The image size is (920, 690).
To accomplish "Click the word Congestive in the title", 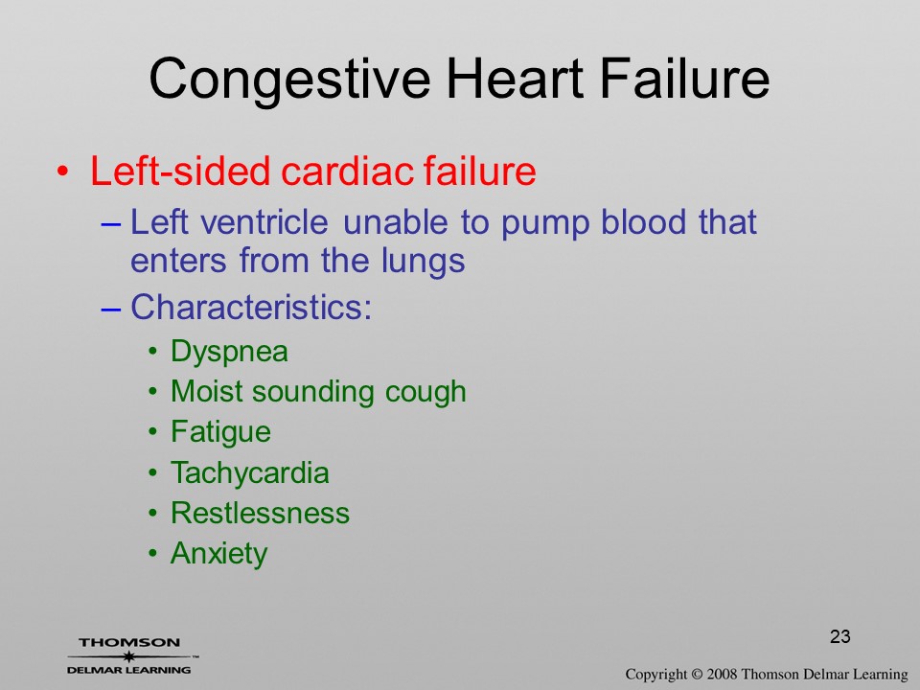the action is point(289,80).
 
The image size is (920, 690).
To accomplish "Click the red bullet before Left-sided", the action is point(63,172).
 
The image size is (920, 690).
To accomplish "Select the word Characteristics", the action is point(251,307).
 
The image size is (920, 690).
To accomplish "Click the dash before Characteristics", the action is point(111,309).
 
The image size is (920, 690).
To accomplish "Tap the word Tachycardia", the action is point(249,473).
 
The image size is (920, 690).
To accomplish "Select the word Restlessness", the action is point(260,513).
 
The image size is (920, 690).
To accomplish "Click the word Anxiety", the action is point(218,554).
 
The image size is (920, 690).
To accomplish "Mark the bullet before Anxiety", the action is point(153,553).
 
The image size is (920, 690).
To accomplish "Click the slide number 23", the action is point(840,636).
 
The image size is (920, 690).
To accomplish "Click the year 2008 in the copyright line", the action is point(722,675).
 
